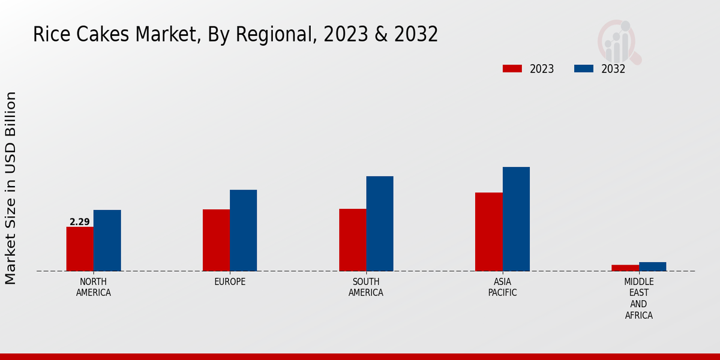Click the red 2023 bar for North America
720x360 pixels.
point(80,249)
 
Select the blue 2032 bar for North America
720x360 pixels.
point(107,241)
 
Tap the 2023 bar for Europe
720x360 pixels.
point(216,240)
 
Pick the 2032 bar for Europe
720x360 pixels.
point(243,230)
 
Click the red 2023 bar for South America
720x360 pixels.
point(352,240)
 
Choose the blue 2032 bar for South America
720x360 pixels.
point(380,224)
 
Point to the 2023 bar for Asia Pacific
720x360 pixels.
point(488,232)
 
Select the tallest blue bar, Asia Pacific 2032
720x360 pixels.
point(516,219)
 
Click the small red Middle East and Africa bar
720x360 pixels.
point(625,268)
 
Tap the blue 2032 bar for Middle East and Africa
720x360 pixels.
point(652,266)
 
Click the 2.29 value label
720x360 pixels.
point(80,222)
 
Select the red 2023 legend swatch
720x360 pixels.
point(512,69)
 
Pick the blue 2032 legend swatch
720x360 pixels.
point(583,69)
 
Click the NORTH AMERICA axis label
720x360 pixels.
point(94,287)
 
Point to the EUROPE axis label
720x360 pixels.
point(230,282)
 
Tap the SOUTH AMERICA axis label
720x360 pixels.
point(366,287)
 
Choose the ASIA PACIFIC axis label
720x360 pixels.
point(502,287)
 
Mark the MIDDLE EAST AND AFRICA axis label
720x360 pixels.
point(639,298)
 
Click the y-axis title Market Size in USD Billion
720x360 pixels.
point(11,188)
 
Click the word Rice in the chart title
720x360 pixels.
point(47,35)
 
